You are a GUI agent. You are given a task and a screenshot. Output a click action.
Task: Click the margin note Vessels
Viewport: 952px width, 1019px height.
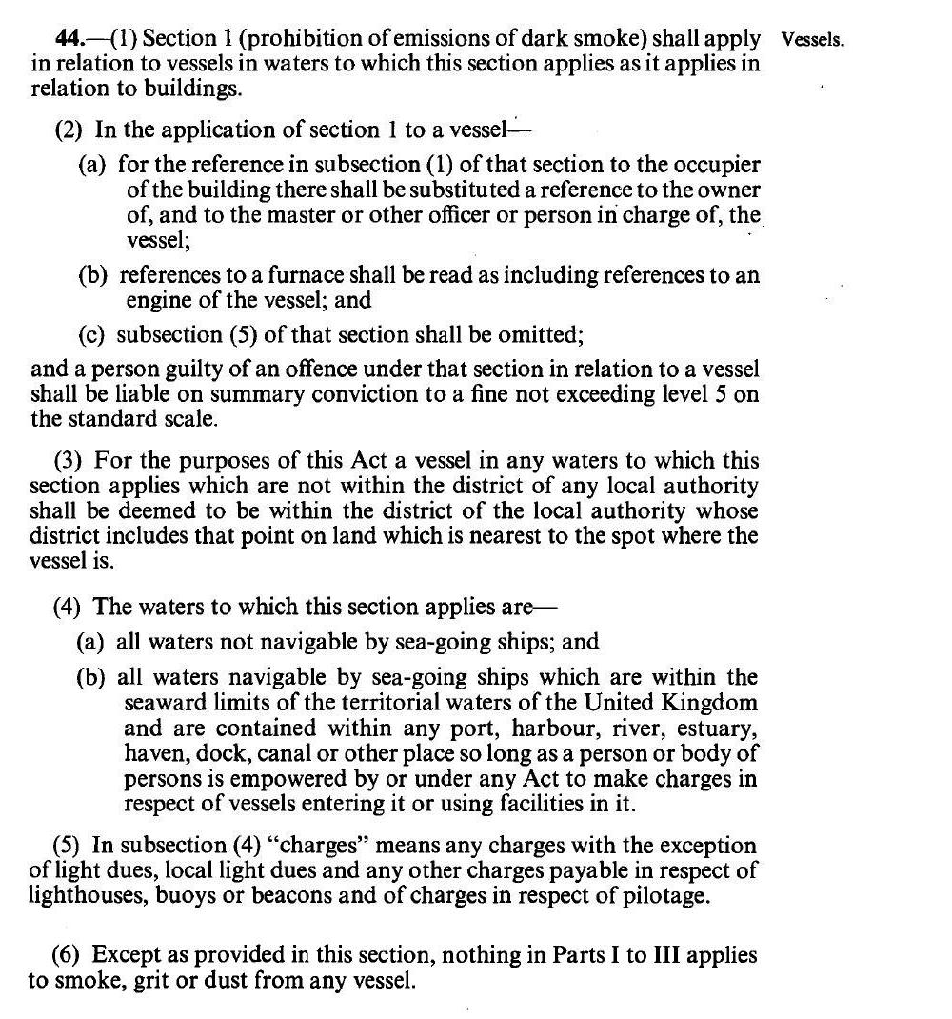(812, 41)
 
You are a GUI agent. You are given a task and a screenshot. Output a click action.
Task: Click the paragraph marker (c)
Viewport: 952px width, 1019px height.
(91, 334)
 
